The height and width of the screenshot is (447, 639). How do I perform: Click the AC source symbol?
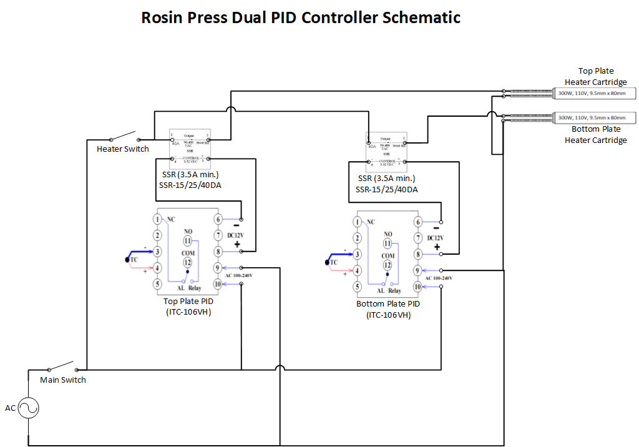28,408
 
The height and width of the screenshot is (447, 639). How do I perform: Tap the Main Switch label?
63,380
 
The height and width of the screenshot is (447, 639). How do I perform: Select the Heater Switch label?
123,149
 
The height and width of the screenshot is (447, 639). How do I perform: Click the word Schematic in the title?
421,17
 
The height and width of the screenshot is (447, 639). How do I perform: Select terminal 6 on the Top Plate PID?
218,219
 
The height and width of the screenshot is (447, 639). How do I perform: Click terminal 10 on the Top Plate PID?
218,284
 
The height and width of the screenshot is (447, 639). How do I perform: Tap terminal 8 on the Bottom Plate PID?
417,255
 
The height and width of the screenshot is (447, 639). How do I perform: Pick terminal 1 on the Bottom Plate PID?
358,222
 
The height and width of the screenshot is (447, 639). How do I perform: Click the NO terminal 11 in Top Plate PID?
188,240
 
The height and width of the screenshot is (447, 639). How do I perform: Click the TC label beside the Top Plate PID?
135,260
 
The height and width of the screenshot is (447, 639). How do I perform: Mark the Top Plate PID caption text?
188,306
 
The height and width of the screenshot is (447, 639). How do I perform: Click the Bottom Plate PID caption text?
388,309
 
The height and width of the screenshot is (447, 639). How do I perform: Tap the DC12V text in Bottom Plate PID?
435,238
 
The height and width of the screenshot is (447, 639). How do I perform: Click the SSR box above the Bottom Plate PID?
386,152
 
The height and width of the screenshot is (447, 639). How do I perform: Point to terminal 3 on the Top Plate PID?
158,252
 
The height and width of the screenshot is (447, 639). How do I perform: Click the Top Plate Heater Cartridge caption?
596,77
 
